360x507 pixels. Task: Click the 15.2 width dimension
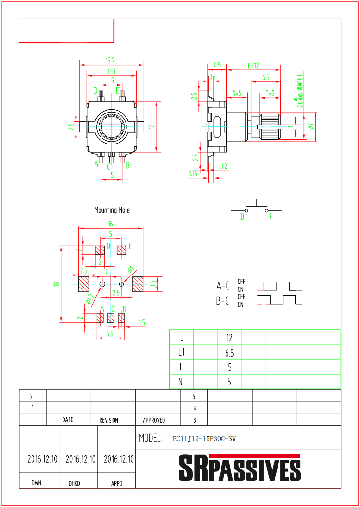pos(110,61)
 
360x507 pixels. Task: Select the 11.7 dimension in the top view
pos(111,71)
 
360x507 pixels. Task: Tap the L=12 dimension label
pos(253,66)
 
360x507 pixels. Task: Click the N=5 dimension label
pos(237,93)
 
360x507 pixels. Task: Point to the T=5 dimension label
pos(270,93)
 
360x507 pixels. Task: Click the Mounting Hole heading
pos(112,210)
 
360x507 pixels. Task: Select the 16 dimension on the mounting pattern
pos(110,224)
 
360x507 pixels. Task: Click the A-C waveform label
pos(223,286)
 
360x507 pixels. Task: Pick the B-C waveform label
pos(223,301)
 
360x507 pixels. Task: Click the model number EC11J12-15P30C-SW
pos(204,438)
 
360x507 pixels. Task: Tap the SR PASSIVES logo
pos(240,469)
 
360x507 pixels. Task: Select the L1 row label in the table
pos(181,352)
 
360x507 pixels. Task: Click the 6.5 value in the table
pos(229,353)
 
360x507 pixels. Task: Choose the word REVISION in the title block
pos(109,420)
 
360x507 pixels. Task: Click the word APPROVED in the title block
pos(154,420)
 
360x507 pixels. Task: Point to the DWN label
pos(37,483)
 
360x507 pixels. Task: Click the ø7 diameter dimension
pos(311,126)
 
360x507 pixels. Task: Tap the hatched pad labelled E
pos(121,250)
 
